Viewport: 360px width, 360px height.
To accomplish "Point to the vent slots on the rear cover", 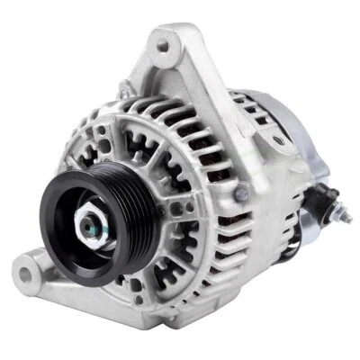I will [x=261, y=113].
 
